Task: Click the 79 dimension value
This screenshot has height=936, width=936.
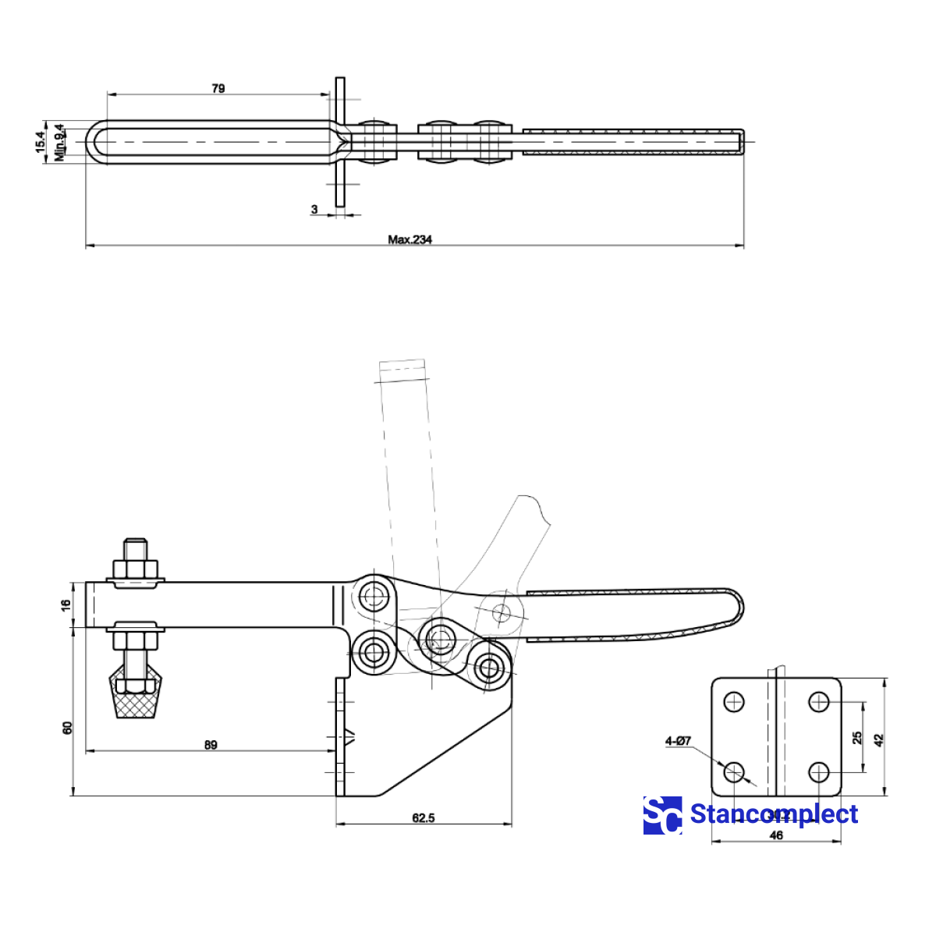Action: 218,88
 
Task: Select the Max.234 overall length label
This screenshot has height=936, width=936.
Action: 409,239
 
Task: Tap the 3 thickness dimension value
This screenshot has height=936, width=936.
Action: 314,209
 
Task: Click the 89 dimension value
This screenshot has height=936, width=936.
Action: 211,745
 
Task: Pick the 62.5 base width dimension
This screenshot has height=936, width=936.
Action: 423,818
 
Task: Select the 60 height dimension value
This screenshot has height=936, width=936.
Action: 68,727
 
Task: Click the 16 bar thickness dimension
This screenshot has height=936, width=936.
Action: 67,604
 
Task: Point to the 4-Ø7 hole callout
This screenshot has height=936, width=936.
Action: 678,740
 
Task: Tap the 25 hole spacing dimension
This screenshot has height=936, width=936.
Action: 857,737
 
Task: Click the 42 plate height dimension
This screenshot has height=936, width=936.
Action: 879,739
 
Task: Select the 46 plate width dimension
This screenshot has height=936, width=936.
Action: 776,835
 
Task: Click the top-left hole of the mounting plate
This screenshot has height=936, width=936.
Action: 734,702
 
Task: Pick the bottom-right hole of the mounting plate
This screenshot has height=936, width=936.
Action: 818,772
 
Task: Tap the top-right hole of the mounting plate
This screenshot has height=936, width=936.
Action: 818,702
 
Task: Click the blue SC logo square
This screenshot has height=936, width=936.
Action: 662,815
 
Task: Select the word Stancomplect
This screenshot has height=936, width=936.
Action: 774,814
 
